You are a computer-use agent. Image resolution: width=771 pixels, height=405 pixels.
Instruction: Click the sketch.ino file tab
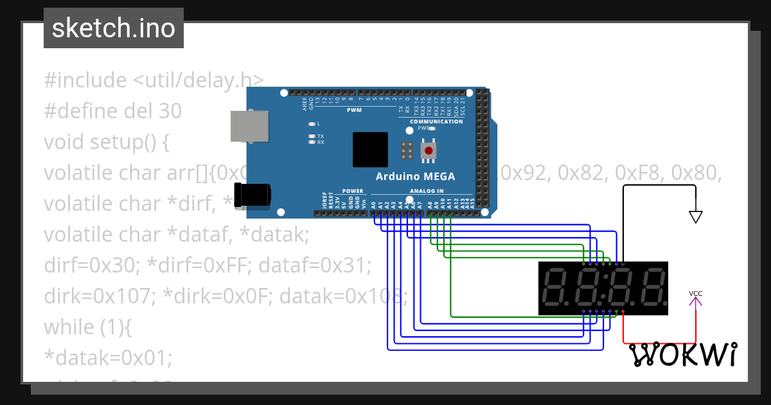(x=114, y=28)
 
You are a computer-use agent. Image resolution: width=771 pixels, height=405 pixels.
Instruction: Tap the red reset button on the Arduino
(x=427, y=150)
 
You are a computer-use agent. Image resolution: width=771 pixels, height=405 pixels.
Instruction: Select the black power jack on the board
(x=252, y=194)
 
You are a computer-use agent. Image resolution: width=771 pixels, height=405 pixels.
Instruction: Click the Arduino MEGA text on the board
(x=415, y=176)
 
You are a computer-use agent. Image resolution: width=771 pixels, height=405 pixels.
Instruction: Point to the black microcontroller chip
(x=370, y=150)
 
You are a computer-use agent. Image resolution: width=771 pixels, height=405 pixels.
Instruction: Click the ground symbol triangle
(x=695, y=217)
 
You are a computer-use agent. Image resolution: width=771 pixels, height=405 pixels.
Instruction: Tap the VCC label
(x=695, y=294)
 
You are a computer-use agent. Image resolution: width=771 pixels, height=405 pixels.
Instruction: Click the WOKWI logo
(x=682, y=354)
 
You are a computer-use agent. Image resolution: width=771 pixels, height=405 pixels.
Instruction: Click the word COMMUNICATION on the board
(x=436, y=122)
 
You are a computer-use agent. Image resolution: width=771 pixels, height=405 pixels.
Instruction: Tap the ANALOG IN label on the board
(x=426, y=191)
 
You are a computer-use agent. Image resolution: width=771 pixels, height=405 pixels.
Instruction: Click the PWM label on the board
(x=354, y=110)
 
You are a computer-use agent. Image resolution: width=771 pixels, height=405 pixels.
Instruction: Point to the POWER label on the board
(x=353, y=191)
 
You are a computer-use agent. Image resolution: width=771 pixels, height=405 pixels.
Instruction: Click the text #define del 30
(x=112, y=111)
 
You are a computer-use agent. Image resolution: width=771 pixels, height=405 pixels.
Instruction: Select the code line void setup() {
(x=106, y=142)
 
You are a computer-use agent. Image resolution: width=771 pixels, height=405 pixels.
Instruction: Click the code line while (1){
(x=87, y=327)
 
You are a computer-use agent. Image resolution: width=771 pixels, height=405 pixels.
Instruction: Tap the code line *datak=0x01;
(x=108, y=358)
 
